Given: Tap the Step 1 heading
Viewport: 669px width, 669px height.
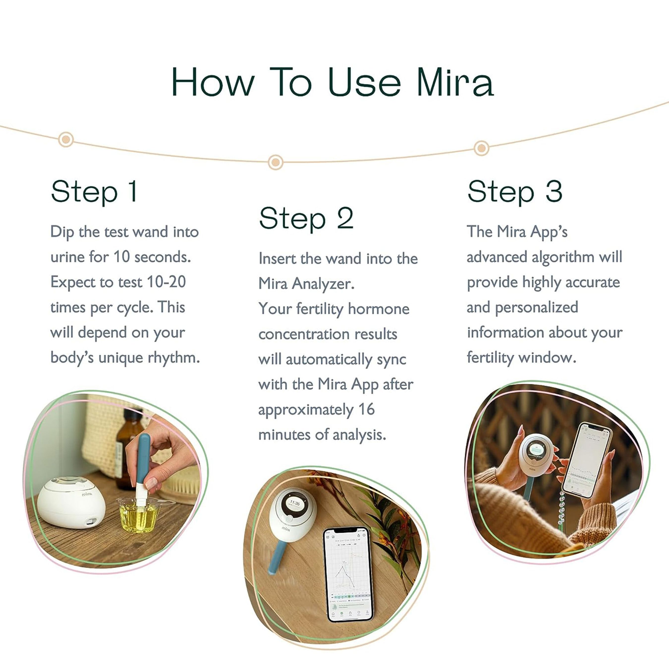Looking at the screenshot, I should click(94, 192).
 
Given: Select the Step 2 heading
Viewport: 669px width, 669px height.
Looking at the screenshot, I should click(306, 219).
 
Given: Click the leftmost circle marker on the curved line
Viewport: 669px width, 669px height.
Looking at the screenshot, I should click(66, 139).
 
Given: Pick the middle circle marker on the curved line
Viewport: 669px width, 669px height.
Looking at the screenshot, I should click(275, 162).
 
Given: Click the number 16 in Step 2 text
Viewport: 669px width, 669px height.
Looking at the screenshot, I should click(366, 409).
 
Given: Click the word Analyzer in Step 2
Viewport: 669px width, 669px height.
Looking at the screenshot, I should click(323, 284).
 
